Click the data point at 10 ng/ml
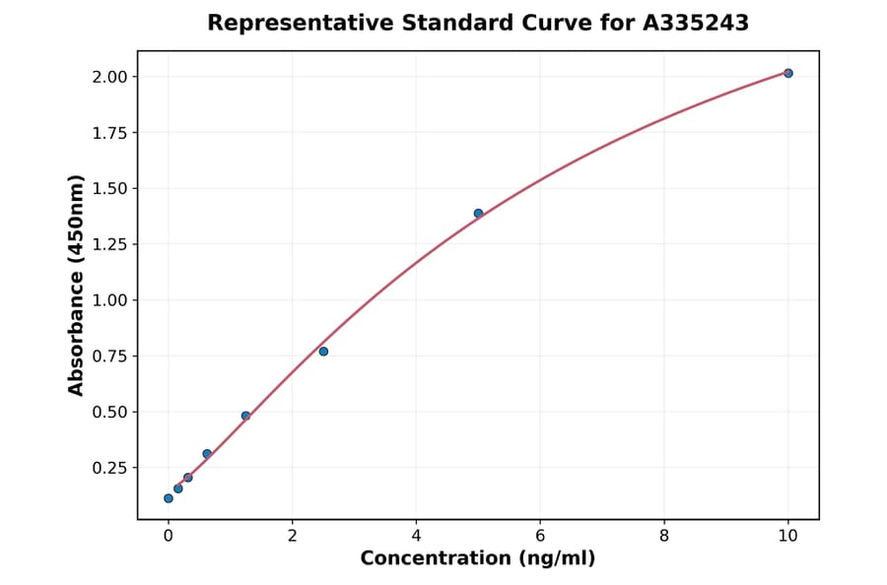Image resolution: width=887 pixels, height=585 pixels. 788,73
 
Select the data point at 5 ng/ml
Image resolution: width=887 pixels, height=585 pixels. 478,214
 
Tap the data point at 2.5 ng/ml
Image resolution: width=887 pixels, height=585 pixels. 323,352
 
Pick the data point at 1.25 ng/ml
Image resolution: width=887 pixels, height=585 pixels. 245,416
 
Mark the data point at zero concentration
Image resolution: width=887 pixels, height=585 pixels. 169,498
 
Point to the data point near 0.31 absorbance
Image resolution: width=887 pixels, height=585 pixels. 207,454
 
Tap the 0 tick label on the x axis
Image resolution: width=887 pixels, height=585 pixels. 169,536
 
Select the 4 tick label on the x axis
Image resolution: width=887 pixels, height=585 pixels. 416,536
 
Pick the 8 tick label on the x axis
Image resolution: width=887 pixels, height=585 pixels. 664,536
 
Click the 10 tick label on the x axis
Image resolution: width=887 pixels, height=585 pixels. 788,536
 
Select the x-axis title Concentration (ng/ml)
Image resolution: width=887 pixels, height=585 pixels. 478,559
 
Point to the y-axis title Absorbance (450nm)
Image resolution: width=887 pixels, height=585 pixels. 77,286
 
